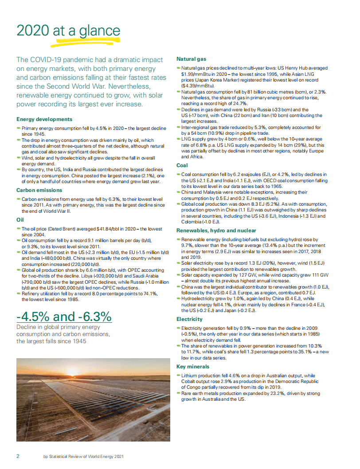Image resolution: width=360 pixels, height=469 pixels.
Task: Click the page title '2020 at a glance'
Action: click(68, 31)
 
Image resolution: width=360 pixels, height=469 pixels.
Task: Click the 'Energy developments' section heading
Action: click(44, 119)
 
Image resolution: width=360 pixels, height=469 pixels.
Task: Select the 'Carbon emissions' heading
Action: click(39, 190)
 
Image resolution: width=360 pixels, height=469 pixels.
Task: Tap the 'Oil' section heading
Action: click(20, 219)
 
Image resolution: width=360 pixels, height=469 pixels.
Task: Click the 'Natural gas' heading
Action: click(191, 59)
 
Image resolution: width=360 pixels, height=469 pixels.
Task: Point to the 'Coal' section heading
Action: click(182, 165)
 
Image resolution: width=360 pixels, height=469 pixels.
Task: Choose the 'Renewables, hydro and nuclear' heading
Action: click(216, 231)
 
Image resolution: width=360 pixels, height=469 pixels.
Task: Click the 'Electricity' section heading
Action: click(190, 319)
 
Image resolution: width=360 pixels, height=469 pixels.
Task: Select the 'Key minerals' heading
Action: click(193, 367)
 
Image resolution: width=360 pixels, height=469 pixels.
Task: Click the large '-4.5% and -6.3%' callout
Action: click(64, 317)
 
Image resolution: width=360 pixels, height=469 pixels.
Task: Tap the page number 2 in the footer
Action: click(18, 456)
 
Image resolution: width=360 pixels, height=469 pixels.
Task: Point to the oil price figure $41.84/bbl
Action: click(110, 229)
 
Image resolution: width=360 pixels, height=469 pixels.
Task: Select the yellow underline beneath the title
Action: click(84, 42)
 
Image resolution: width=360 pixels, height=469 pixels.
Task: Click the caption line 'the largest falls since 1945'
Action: click(51, 341)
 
